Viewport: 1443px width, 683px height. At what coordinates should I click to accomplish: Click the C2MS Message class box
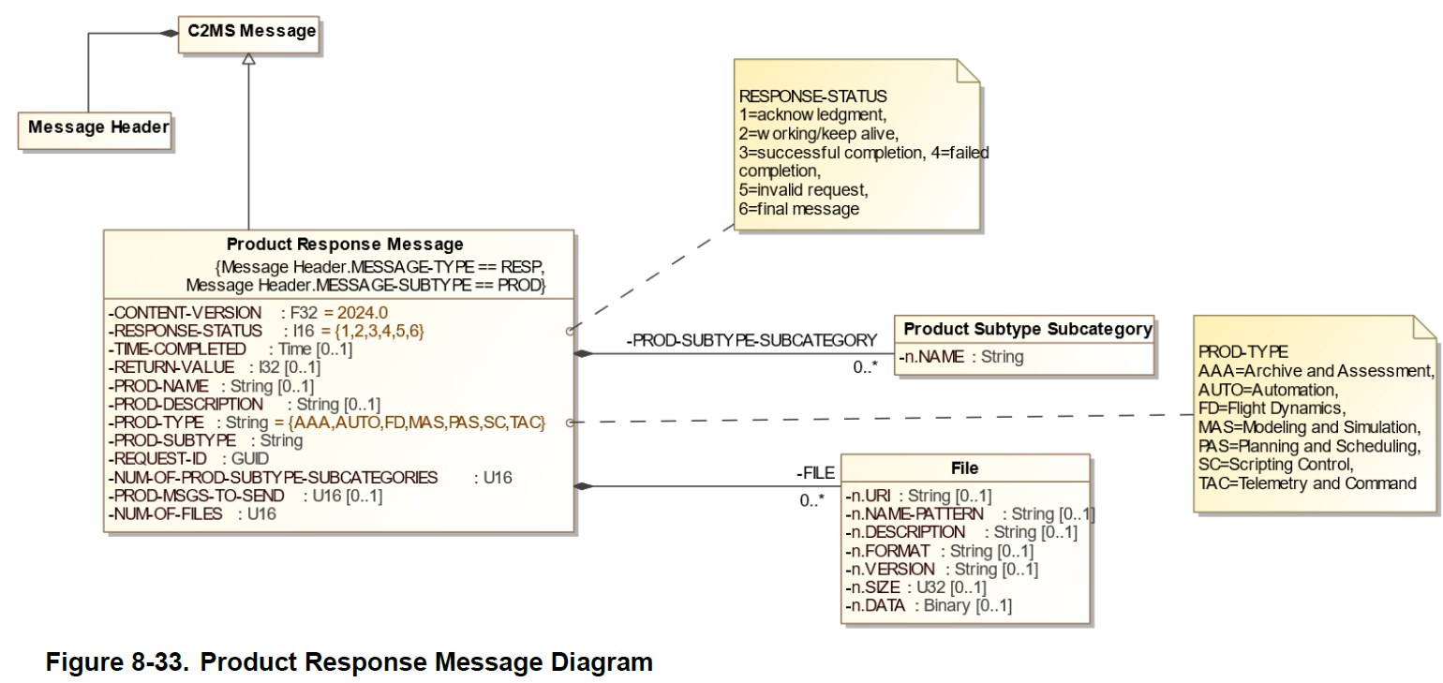click(248, 32)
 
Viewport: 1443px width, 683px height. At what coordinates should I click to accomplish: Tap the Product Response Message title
click(345, 245)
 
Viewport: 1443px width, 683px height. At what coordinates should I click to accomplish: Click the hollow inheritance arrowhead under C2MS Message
click(248, 59)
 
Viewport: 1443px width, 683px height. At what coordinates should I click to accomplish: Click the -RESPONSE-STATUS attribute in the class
click(186, 331)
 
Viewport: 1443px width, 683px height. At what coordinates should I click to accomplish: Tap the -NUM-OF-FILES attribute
click(167, 513)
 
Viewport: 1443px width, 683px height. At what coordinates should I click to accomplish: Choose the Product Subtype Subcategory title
click(1027, 329)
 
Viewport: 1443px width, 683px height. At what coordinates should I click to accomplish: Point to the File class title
click(964, 468)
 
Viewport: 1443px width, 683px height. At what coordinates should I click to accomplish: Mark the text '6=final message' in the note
click(798, 209)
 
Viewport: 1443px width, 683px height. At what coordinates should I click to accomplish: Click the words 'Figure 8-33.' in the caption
click(117, 662)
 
